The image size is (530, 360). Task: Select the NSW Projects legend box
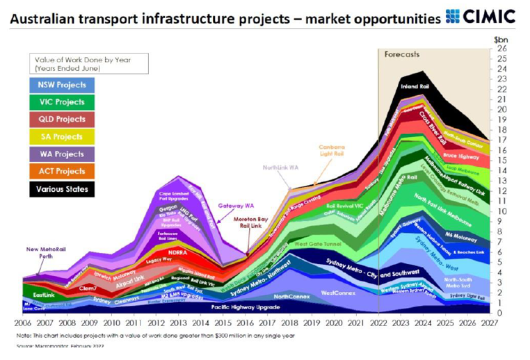[x=63, y=85]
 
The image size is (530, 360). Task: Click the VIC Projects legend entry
[x=63, y=102]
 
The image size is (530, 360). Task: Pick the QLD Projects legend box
[x=63, y=119]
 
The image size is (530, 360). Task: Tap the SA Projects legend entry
[x=63, y=136]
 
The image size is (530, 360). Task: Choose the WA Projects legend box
[x=63, y=154]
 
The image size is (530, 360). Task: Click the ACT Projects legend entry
[x=63, y=171]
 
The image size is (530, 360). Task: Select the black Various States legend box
[x=63, y=188]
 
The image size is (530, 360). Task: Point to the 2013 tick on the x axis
[x=179, y=324]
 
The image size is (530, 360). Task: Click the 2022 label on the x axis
[x=378, y=324]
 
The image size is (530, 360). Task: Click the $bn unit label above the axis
[x=501, y=39]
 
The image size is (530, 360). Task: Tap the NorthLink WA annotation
[x=281, y=167]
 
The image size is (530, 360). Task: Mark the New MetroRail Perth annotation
[x=45, y=252]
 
